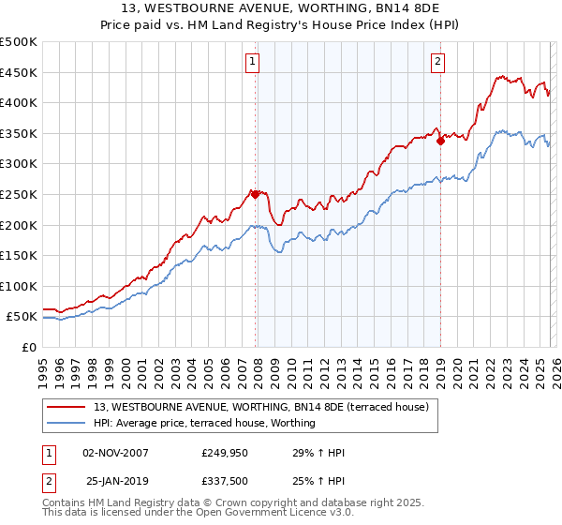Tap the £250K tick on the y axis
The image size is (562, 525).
pyautogui.click(x=19, y=194)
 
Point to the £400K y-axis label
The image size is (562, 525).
pyautogui.click(x=19, y=102)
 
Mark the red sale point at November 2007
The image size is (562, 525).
pyautogui.click(x=255, y=195)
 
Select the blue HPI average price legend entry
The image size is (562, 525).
pyautogui.click(x=204, y=423)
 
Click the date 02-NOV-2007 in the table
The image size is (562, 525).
pyautogui.click(x=115, y=454)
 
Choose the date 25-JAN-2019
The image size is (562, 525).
pyautogui.click(x=115, y=482)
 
